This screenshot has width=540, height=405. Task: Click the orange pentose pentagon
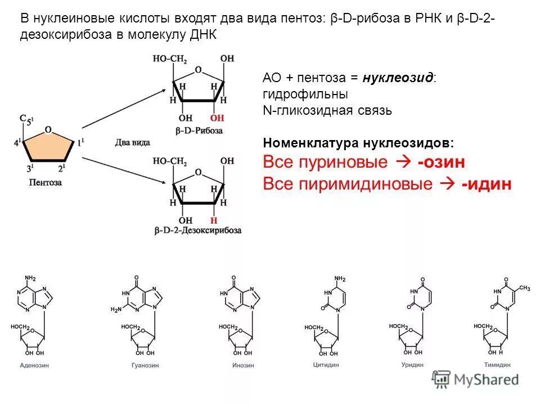coord(48,148)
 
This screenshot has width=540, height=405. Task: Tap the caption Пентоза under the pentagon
coord(46,183)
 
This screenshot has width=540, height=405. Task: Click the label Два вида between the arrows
coord(132,143)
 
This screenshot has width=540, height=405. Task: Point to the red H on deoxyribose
coord(214,220)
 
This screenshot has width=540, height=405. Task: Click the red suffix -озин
coord(441,163)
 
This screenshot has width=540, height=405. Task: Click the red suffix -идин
coord(487,184)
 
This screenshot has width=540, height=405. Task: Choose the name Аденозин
coord(34,365)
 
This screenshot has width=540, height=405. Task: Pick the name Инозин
coord(243,365)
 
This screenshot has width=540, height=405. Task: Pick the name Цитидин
coord(326,364)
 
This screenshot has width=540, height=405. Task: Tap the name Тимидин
coord(496,364)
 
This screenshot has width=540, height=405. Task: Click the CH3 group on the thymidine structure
coord(524,288)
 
